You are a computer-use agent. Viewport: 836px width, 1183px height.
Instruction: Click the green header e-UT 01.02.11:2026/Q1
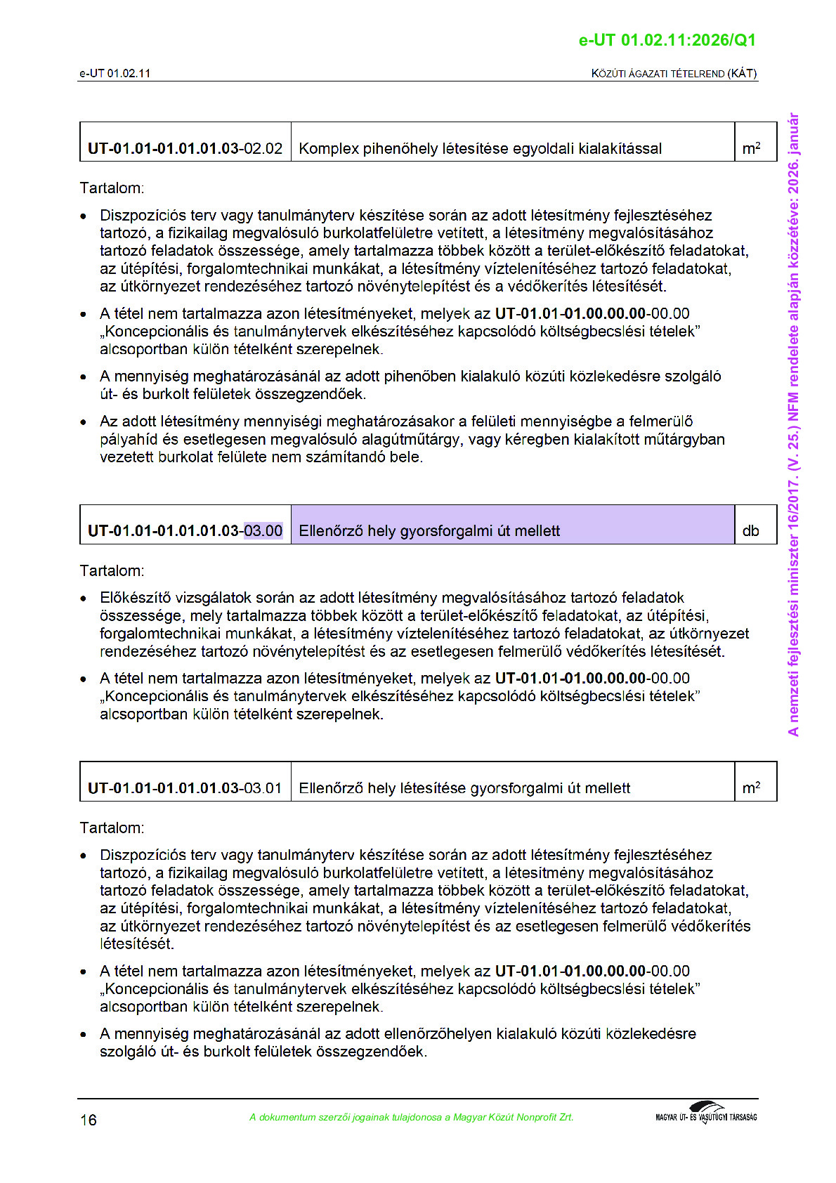click(x=667, y=40)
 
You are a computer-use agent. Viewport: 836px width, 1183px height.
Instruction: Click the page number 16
click(x=89, y=1120)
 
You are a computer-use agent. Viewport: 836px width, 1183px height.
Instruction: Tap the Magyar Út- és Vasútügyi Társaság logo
click(x=705, y=1113)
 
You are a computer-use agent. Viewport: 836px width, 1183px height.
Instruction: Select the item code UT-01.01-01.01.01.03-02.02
click(x=185, y=148)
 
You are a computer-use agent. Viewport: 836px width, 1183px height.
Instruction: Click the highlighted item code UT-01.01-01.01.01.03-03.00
click(x=185, y=530)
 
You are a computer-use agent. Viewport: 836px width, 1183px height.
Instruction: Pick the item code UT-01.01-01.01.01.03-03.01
click(x=185, y=787)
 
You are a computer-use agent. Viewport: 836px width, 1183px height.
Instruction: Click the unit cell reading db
click(x=750, y=530)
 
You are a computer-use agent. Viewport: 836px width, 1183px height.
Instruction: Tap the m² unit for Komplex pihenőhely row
click(x=751, y=148)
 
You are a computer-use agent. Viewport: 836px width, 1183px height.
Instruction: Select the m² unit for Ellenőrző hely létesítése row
click(x=751, y=787)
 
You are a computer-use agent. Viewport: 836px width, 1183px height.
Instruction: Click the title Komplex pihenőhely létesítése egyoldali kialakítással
click(x=480, y=148)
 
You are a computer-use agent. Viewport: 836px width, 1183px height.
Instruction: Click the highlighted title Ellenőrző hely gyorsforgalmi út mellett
click(x=429, y=530)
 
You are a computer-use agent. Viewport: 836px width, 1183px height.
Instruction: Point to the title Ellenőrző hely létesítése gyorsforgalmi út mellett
click(x=464, y=787)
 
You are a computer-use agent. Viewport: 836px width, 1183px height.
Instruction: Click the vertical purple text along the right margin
click(x=793, y=424)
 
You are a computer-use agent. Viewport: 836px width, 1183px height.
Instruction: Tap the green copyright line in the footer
click(x=411, y=1117)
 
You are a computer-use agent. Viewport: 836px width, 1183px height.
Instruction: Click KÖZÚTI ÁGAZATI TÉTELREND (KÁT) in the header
click(x=674, y=73)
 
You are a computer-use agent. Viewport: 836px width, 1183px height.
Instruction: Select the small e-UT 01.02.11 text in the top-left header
click(x=115, y=73)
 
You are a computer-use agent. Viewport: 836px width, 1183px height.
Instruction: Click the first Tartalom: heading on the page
click(x=112, y=188)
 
